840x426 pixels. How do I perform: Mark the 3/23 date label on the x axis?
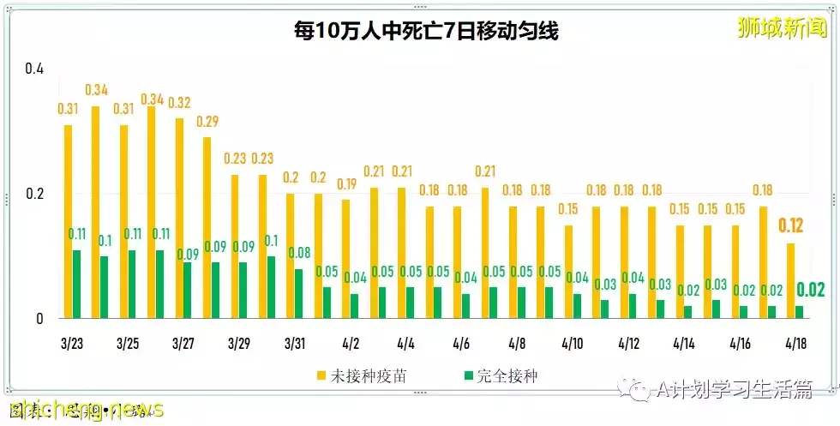[72, 344]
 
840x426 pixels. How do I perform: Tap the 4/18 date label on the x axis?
[795, 344]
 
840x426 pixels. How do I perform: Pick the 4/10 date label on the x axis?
[572, 344]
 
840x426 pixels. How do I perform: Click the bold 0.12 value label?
[790, 226]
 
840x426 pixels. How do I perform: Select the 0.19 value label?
[345, 183]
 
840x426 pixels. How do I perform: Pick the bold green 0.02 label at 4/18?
[810, 290]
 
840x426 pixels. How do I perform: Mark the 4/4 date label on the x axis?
[406, 344]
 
